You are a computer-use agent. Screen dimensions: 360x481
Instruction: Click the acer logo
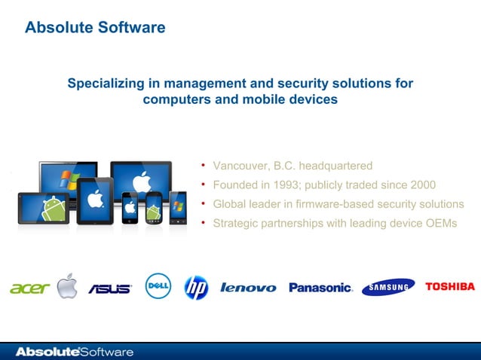pyautogui.click(x=30, y=288)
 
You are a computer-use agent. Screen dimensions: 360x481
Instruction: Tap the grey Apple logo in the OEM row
pyautogui.click(x=67, y=286)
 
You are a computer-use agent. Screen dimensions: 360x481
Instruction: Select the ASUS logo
pyautogui.click(x=110, y=288)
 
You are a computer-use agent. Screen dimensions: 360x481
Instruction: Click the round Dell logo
pyautogui.click(x=158, y=286)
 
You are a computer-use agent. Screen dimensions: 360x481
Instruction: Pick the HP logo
pyautogui.click(x=196, y=287)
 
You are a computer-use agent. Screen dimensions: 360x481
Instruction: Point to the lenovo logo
pyautogui.click(x=248, y=288)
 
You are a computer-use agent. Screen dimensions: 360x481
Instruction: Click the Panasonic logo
pyautogui.click(x=320, y=288)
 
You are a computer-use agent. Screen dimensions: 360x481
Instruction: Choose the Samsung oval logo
pyautogui.click(x=388, y=288)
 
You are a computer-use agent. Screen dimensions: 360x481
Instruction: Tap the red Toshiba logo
pyautogui.click(x=450, y=286)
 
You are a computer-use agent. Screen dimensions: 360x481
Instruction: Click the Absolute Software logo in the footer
pyautogui.click(x=75, y=352)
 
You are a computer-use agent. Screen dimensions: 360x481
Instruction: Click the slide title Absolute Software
pyautogui.click(x=95, y=28)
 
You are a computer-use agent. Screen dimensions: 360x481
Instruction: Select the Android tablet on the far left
pyautogui.click(x=43, y=207)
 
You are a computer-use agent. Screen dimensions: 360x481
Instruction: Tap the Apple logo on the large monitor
pyautogui.click(x=140, y=181)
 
